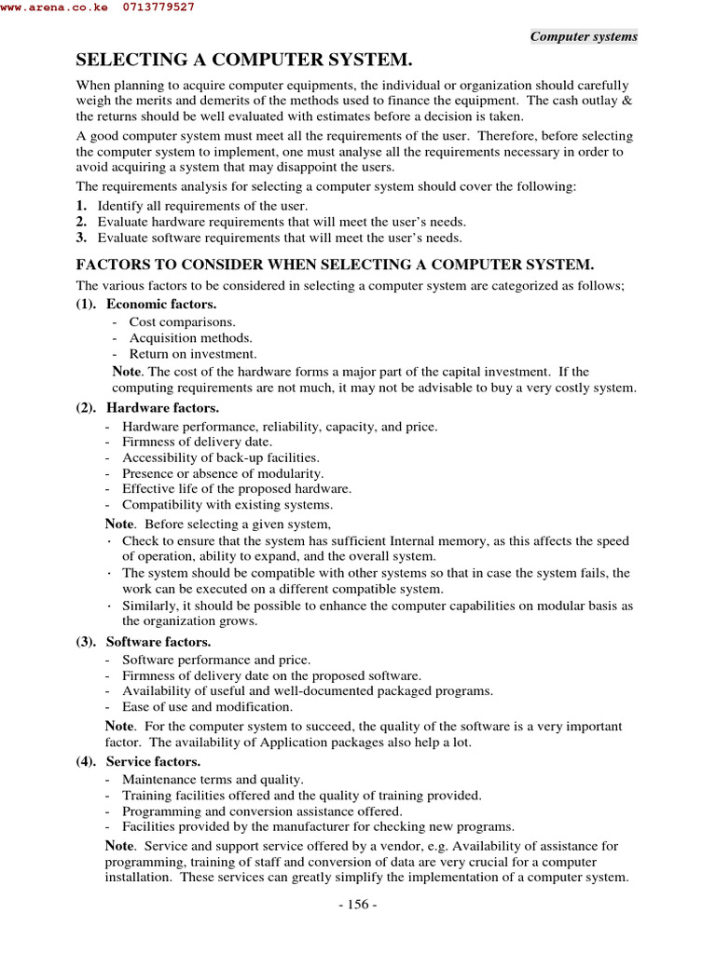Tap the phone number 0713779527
(x=158, y=7)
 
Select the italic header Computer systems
(x=584, y=36)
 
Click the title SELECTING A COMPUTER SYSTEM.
(x=243, y=61)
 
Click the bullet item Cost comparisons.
(x=182, y=321)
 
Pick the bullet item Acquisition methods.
(x=190, y=338)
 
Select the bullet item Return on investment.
(x=192, y=354)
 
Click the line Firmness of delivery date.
(x=197, y=442)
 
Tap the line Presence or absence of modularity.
(x=215, y=473)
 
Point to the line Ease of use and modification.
(x=206, y=707)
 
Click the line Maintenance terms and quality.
(x=213, y=779)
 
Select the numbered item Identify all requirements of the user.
(x=202, y=205)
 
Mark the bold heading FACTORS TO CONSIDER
(x=335, y=265)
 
